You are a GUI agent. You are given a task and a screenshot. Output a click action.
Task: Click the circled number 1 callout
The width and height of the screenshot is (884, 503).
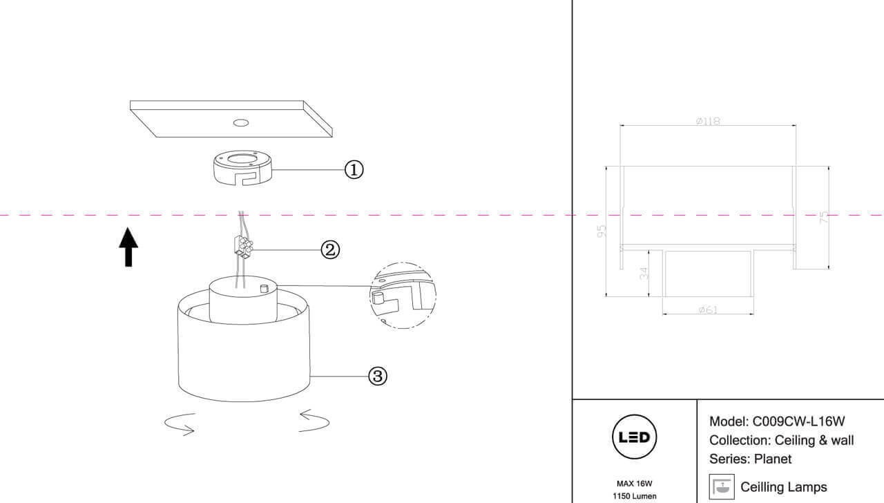[354, 169]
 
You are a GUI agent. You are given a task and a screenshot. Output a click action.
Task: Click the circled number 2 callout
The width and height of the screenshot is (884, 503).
[331, 249]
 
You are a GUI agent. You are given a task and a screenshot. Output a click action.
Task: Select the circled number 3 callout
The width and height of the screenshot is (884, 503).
[377, 376]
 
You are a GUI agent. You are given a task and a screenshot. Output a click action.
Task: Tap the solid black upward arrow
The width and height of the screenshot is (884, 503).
[128, 247]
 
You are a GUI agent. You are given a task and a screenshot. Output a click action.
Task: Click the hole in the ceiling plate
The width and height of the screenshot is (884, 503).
[240, 123]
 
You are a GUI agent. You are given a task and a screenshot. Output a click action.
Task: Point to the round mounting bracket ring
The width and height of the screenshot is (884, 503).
[241, 169]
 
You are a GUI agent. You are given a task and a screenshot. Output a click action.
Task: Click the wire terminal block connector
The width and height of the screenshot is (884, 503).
[244, 247]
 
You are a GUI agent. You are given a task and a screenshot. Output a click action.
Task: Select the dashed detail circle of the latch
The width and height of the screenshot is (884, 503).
[403, 294]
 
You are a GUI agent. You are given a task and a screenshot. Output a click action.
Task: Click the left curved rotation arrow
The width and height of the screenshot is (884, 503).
[180, 424]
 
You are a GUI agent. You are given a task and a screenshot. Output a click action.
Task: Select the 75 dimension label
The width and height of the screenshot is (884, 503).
[823, 218]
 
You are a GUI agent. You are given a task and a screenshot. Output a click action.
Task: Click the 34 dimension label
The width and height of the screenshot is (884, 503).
[645, 274]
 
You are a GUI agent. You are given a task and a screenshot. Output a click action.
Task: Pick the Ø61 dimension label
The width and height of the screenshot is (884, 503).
[707, 310]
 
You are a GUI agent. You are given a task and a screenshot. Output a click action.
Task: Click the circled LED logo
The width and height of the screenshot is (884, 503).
[635, 437]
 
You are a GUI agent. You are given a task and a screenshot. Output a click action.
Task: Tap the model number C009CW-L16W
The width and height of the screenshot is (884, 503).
[799, 421]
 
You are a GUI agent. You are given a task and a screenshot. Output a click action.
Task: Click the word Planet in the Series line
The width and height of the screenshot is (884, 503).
[773, 459]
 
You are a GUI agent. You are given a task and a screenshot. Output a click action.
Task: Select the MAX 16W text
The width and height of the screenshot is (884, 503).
[635, 484]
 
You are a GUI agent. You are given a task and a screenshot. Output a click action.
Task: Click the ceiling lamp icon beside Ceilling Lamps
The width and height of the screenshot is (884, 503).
[722, 486]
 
